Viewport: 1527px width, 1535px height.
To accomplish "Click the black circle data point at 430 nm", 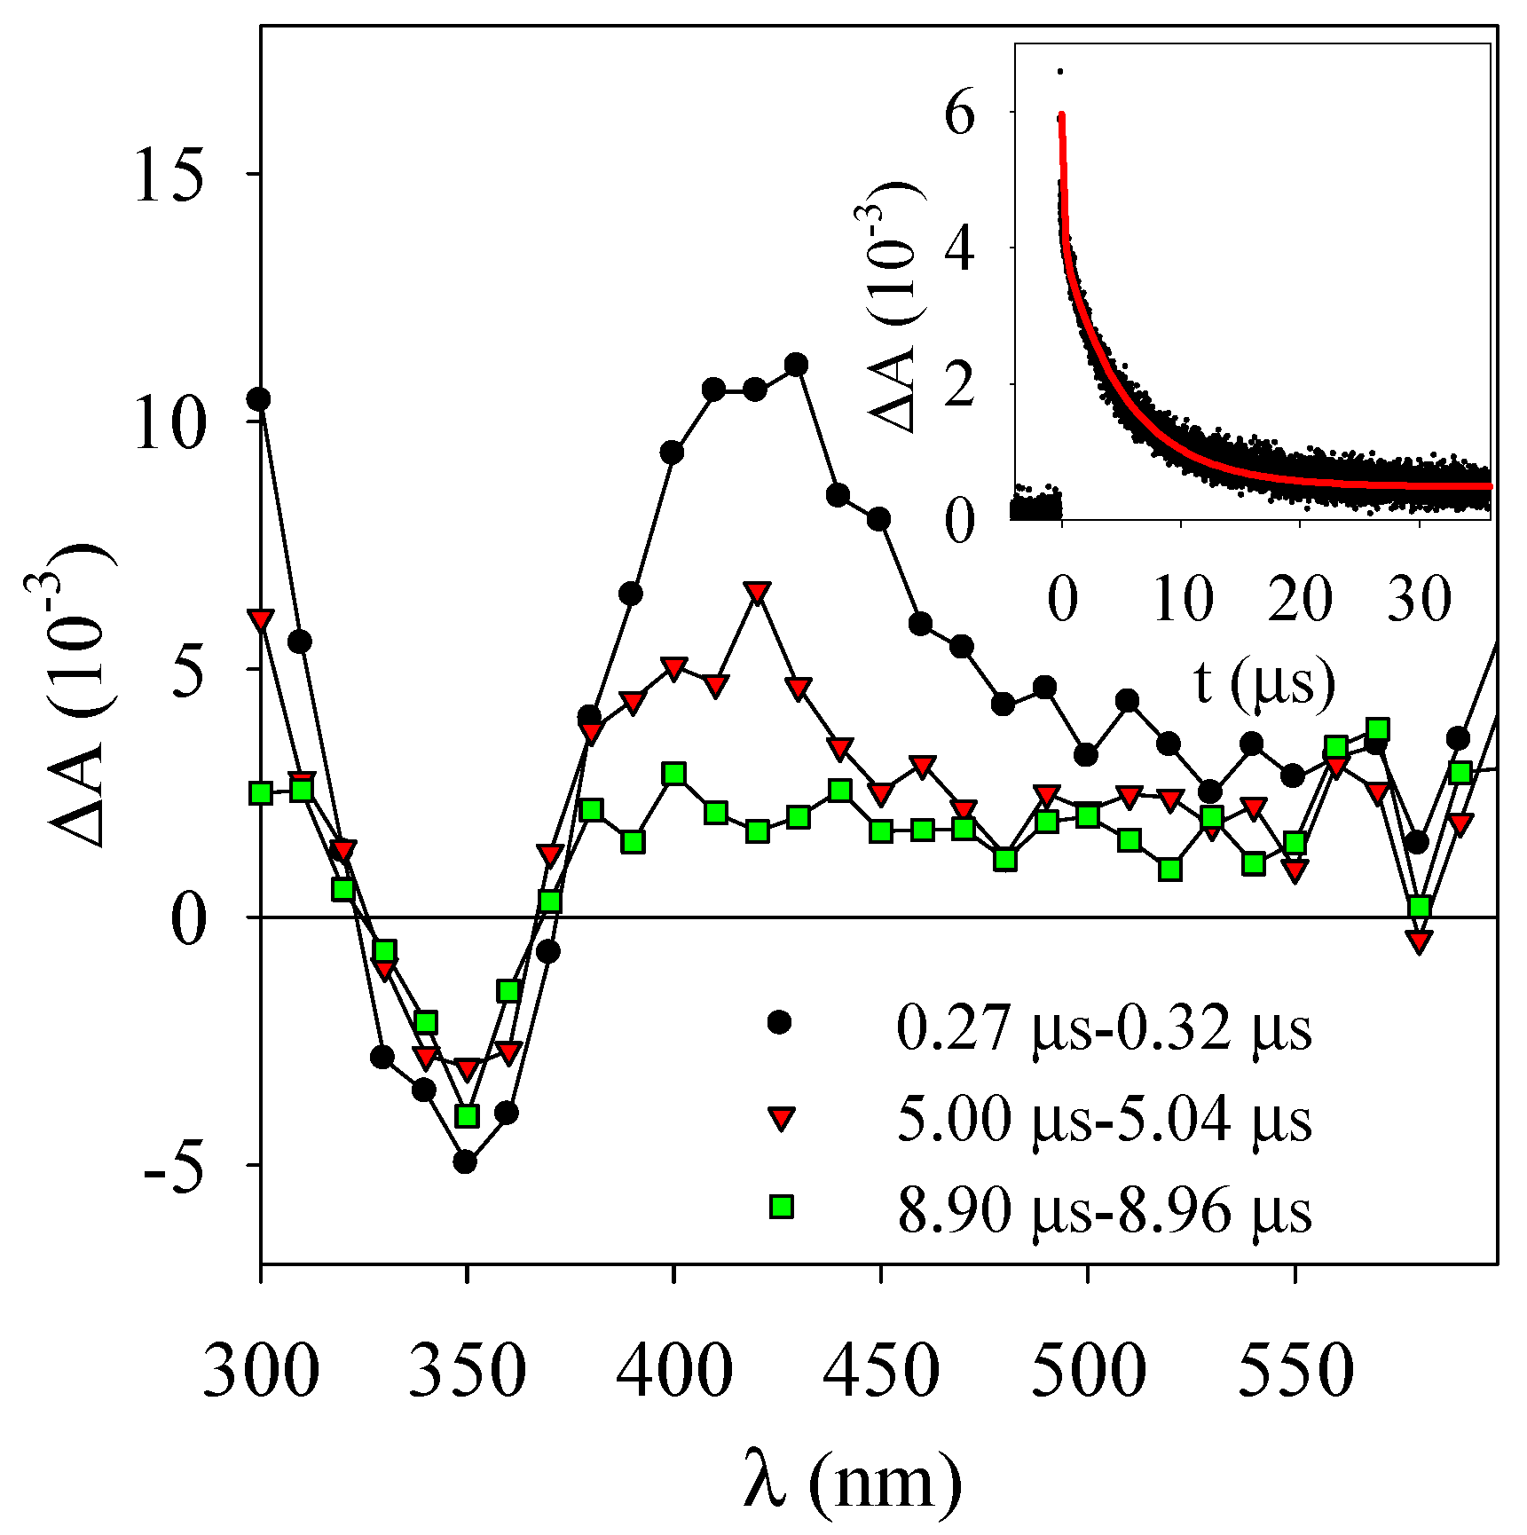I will point(796,365).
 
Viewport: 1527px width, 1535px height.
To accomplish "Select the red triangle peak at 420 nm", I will point(756,594).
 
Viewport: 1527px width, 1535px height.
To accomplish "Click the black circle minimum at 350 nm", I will point(465,1161).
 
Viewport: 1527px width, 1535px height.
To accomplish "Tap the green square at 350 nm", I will point(467,1115).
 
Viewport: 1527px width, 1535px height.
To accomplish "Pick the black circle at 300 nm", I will point(259,399).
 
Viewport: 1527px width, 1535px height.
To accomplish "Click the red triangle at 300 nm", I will point(260,619).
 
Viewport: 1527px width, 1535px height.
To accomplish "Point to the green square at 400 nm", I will point(674,774).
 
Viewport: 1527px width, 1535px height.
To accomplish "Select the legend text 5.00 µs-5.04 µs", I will point(1103,1119).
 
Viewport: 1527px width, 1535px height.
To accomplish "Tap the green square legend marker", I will point(781,1207).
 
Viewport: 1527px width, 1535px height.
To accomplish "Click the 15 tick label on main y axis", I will point(169,174).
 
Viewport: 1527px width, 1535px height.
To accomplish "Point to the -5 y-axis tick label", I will point(174,1166).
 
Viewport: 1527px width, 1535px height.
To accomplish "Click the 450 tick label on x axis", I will point(880,1372).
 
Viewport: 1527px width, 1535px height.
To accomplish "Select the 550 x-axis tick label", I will point(1295,1372).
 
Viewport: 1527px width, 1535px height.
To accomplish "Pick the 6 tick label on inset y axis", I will point(960,115).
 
